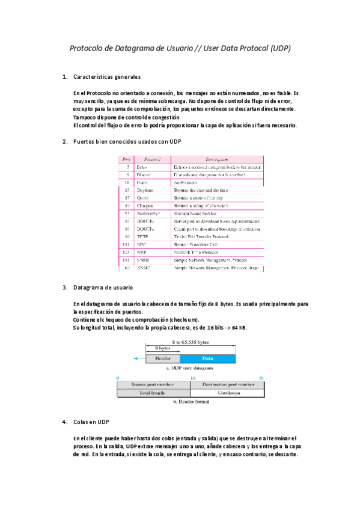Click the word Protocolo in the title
point(88,48)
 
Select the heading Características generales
point(106,77)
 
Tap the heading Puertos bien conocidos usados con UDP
point(127,141)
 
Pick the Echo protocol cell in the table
point(142,167)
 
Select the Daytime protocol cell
point(145,190)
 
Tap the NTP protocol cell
point(142,253)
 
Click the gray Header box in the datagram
point(163,358)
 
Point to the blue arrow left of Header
point(139,358)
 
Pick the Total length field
point(153,393)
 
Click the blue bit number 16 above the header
point(193,378)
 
